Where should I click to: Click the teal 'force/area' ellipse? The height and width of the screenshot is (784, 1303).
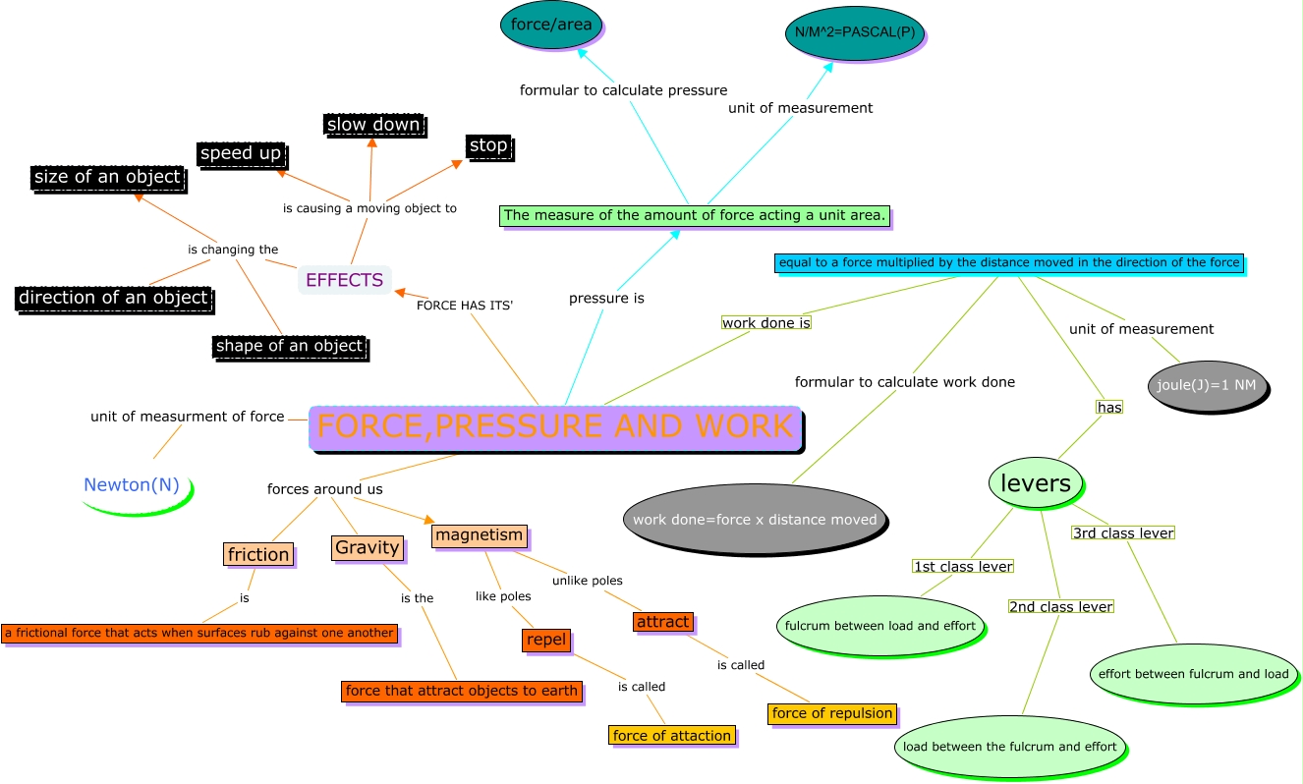coord(551,26)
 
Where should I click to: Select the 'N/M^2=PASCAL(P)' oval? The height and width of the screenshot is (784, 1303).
coord(854,32)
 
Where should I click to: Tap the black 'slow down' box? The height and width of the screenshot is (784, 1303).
coord(373,125)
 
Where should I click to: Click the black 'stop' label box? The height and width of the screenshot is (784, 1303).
coord(488,146)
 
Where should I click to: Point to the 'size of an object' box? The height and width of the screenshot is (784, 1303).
coord(107,177)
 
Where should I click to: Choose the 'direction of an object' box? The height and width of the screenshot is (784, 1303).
coord(113,298)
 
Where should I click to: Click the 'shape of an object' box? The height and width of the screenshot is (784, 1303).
coord(289,346)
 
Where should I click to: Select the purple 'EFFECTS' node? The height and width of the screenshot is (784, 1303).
coord(344,280)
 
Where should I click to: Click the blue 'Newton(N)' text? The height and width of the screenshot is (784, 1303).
coord(132,484)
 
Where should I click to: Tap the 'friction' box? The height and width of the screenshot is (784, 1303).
coord(258,554)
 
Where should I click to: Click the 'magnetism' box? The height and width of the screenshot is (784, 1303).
coord(479,535)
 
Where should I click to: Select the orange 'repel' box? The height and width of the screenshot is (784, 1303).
coord(546,640)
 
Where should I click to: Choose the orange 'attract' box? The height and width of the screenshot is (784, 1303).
coord(662,622)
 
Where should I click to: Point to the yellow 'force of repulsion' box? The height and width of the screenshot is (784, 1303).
coord(831,713)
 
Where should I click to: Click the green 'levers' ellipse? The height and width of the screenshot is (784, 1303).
coord(1035,483)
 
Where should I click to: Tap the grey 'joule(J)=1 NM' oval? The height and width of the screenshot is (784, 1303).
coord(1206,385)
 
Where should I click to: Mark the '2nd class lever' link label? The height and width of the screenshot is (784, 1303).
coord(1060,606)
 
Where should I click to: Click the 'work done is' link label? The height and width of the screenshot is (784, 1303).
coord(765,322)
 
